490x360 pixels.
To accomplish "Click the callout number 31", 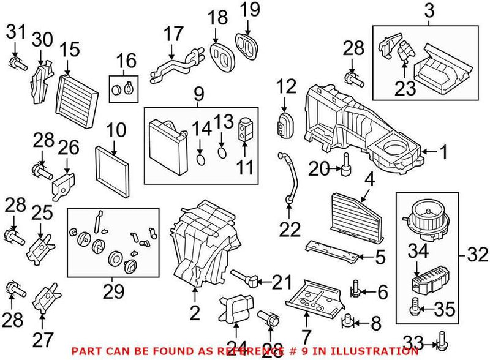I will [15, 29].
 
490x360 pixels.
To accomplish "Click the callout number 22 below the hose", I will [291, 230].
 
